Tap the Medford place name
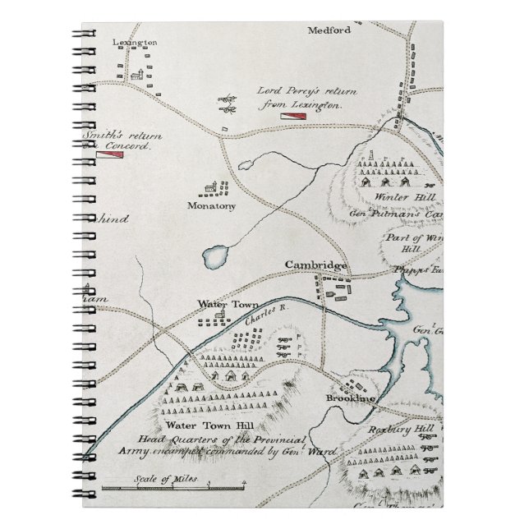(x=329, y=30)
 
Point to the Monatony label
(x=211, y=205)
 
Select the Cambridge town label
(x=315, y=264)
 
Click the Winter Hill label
(x=397, y=198)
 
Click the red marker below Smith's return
(x=109, y=155)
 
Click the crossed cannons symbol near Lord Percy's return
(x=227, y=103)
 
